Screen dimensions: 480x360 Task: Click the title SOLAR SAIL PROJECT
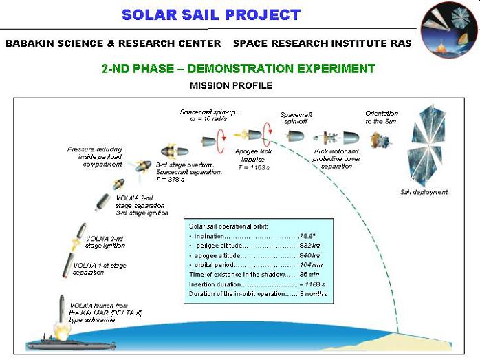(211, 14)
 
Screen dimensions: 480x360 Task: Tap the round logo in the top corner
(448, 30)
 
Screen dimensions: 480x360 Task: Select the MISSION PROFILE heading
(231, 85)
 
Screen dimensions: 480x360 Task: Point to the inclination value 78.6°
(307, 236)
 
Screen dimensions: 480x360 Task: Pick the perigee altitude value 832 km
(309, 246)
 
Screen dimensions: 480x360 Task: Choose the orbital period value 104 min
(311, 265)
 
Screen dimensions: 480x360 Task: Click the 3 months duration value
(313, 293)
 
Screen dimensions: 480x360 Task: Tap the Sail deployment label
(424, 192)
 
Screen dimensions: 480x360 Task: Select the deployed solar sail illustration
(426, 145)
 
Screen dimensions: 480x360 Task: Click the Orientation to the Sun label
(382, 117)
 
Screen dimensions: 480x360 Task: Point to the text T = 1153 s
(254, 167)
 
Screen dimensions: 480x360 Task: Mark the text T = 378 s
(171, 179)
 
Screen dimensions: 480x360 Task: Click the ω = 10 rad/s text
(208, 119)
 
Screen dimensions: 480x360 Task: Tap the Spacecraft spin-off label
(296, 118)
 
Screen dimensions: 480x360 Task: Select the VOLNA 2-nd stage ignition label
(105, 242)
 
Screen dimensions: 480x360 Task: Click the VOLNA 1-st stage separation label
(100, 268)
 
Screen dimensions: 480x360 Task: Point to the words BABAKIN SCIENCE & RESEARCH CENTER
(113, 43)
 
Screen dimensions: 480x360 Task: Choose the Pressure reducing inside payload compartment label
(95, 156)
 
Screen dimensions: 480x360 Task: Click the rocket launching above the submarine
(62, 309)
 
